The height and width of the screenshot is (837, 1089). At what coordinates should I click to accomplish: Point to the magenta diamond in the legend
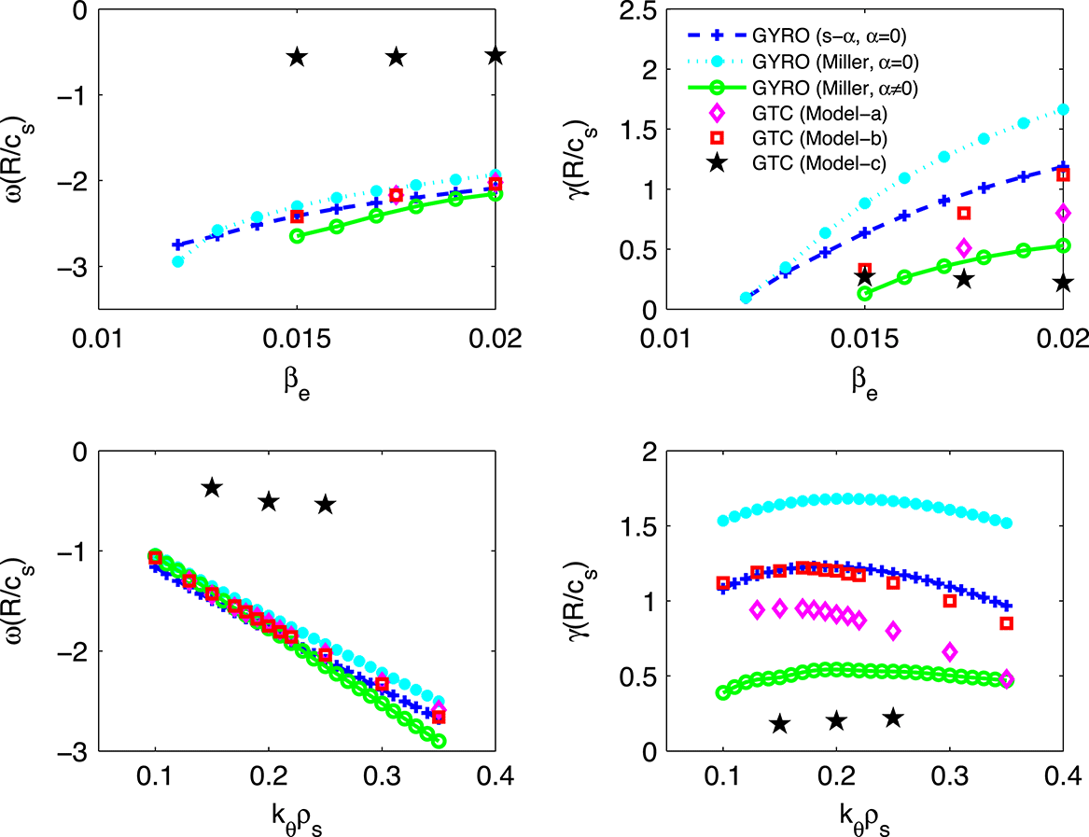pyautogui.click(x=718, y=113)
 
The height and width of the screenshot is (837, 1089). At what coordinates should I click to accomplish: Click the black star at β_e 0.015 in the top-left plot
pyautogui.click(x=297, y=57)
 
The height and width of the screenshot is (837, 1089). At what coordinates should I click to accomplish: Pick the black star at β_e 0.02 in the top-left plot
pyautogui.click(x=496, y=56)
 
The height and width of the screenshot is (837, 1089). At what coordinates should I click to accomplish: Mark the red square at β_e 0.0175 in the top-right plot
pyautogui.click(x=964, y=213)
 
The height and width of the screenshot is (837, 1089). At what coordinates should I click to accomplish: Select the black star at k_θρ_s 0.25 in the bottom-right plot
pyautogui.click(x=893, y=718)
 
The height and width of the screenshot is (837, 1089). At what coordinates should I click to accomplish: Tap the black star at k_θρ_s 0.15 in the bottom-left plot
pyautogui.click(x=212, y=487)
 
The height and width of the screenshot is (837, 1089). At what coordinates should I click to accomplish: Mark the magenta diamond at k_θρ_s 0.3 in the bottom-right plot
pyautogui.click(x=950, y=651)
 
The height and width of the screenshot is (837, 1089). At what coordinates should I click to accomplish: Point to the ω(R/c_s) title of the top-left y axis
pyautogui.click(x=21, y=155)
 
